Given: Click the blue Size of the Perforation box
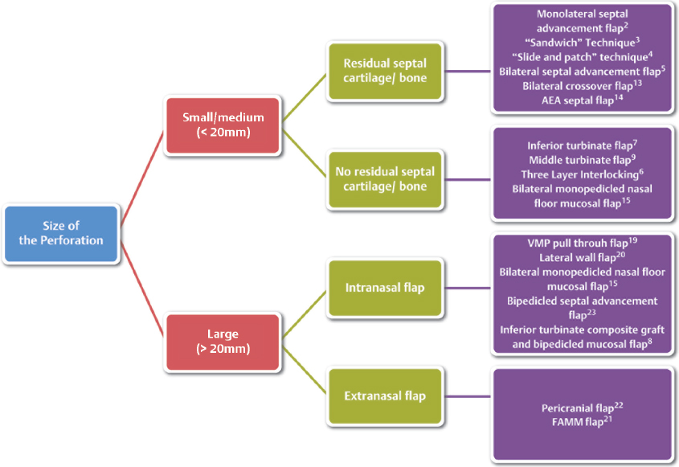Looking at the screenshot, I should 61,234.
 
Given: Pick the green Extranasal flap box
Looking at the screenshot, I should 384,395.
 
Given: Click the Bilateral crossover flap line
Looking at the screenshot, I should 581,85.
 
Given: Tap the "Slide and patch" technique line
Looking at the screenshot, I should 581,56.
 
